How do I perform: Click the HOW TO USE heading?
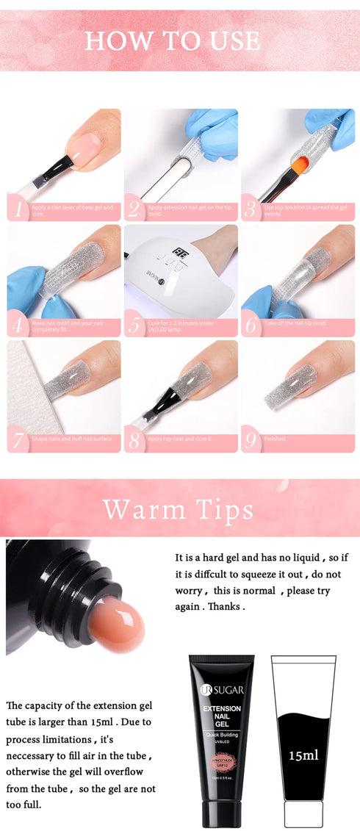pos(173,40)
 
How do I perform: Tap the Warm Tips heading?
pos(178,508)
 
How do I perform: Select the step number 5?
pos(135,325)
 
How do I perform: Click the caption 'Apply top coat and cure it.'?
pos(181,439)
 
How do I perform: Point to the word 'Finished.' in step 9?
pos(276,439)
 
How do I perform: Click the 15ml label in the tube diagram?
pos(303,755)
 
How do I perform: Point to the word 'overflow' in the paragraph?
pos(132,771)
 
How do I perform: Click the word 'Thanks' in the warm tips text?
pos(225,607)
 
